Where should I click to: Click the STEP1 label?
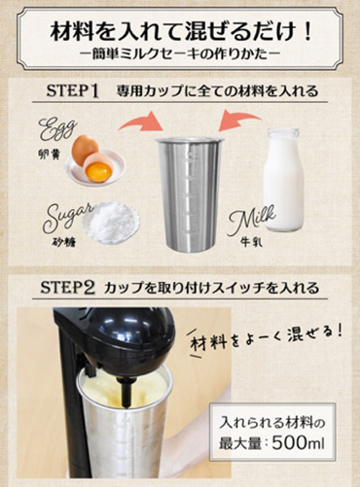pyautogui.click(x=73, y=92)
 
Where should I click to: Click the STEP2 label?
pyautogui.click(x=73, y=289)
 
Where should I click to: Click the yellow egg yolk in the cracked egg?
pyautogui.click(x=98, y=170)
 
